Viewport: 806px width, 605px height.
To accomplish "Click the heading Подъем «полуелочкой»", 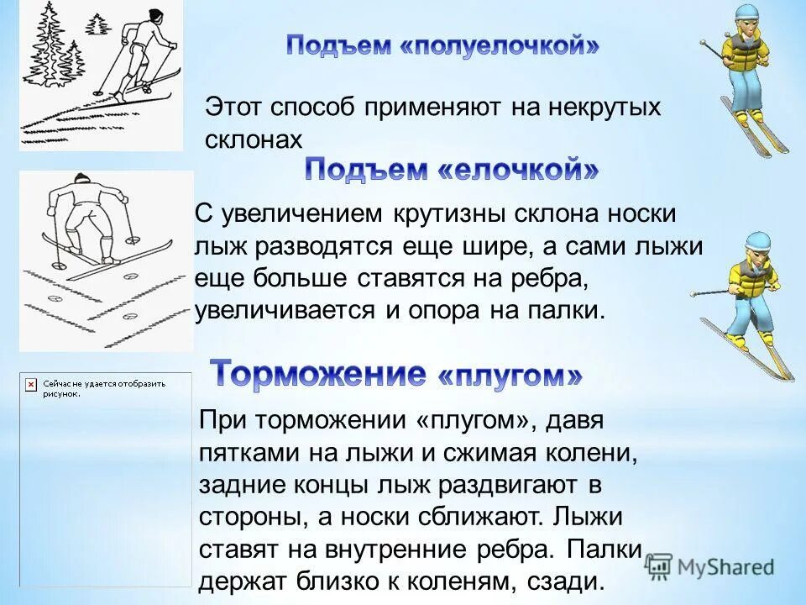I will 442,45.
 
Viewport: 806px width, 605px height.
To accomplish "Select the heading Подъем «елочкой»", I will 451,170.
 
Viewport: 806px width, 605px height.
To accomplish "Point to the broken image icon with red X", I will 30,383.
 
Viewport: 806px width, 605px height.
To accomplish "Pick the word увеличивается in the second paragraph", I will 286,309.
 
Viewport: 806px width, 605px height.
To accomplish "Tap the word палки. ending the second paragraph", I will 568,309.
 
